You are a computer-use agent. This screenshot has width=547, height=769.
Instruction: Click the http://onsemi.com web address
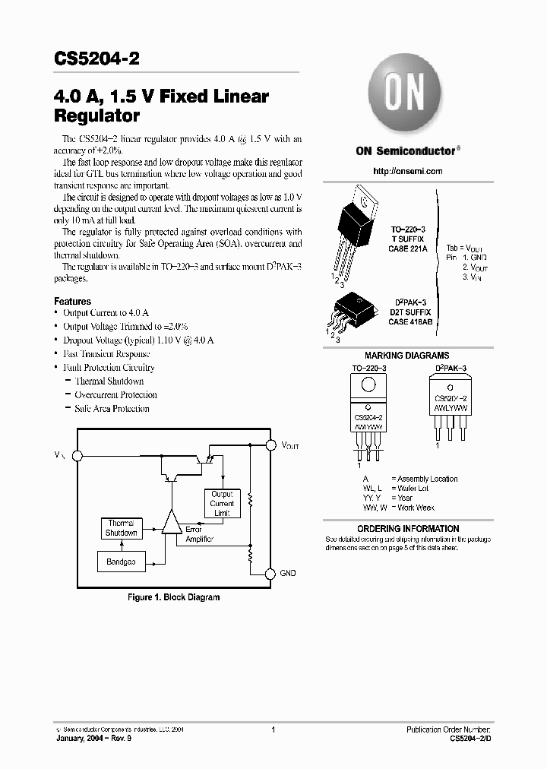click(x=408, y=171)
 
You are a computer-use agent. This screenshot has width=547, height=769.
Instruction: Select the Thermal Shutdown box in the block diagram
click(x=121, y=528)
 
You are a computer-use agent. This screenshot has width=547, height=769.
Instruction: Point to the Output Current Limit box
click(x=222, y=503)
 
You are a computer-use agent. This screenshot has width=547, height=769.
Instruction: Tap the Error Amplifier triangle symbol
click(x=172, y=523)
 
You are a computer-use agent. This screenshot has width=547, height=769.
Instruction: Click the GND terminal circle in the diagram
click(x=269, y=573)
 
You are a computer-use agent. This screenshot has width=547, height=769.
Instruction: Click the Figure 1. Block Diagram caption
click(x=173, y=597)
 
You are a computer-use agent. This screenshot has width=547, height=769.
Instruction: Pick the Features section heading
click(x=73, y=301)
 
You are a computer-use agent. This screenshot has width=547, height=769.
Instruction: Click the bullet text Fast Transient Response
click(x=106, y=353)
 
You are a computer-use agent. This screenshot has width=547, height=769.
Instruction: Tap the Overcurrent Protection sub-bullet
click(x=115, y=394)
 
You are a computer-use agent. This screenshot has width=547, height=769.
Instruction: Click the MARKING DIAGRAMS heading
click(x=406, y=356)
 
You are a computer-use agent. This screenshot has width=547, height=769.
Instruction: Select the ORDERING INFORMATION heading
click(x=408, y=529)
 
